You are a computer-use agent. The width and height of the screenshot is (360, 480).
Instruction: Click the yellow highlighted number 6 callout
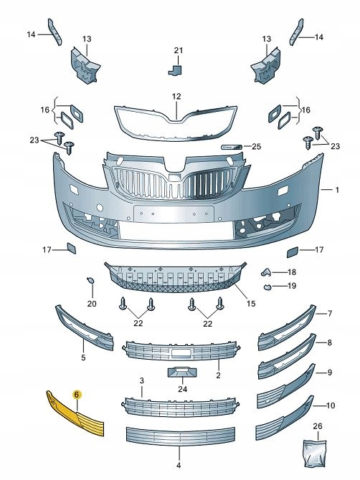coord(77,395)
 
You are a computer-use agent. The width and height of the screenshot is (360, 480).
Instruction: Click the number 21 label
coord(179,51)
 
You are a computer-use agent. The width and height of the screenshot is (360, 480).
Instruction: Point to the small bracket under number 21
coord(175,69)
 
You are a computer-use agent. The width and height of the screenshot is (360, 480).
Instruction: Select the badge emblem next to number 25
coord(232,148)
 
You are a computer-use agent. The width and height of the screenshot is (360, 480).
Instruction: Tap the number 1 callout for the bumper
coord(337,190)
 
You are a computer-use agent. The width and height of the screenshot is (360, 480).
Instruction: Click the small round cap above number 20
coord(90,280)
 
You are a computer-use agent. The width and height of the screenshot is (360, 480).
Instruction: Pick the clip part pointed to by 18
coord(266,272)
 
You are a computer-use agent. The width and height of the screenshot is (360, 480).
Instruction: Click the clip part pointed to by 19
coord(267,287)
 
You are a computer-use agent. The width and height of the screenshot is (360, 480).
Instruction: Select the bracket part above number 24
coord(182,373)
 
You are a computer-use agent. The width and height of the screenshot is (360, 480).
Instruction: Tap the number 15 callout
coord(251,304)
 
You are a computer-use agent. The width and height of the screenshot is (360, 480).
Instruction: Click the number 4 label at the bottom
coord(179,466)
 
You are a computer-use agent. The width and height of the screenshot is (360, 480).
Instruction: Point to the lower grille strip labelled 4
coord(181,436)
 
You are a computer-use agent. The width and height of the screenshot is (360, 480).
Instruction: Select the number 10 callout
coord(331,405)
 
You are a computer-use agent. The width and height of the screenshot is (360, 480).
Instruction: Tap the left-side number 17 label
coord(47,250)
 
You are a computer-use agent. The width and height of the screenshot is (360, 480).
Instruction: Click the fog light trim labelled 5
coord(84,327)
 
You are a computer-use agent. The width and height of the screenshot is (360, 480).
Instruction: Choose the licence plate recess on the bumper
coord(174,214)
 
